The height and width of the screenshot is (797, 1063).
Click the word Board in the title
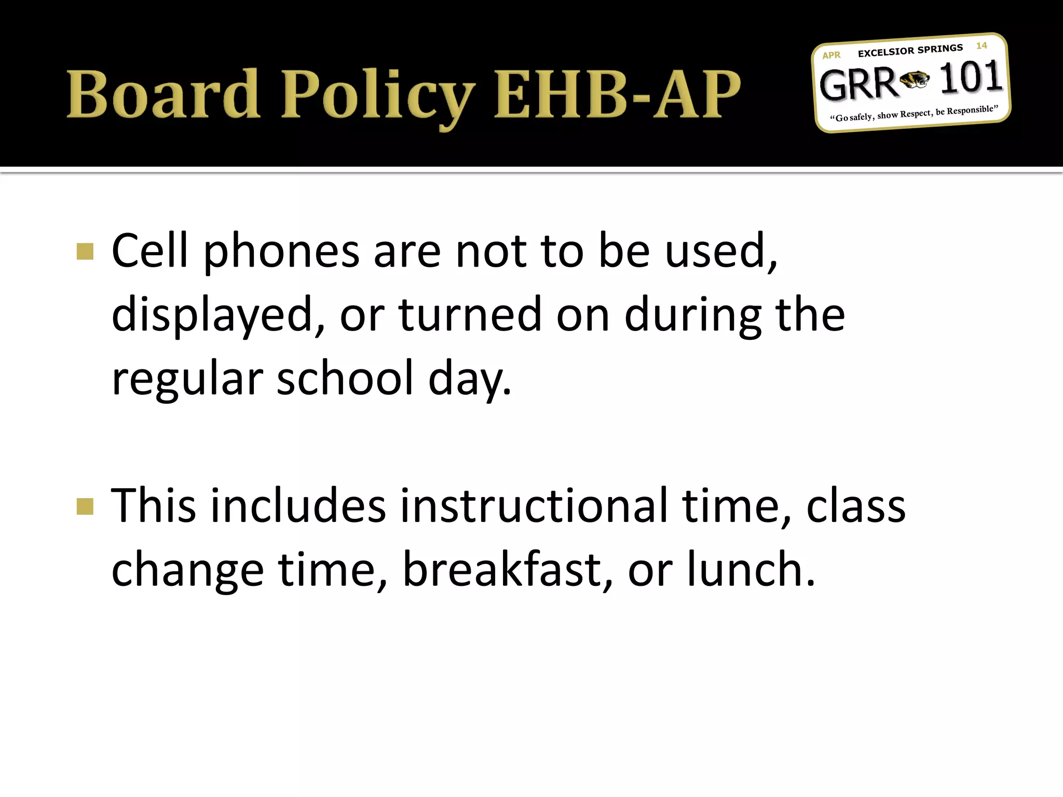tap(163, 94)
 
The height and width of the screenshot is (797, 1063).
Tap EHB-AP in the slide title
tap(617, 94)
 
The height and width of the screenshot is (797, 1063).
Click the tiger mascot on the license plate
tap(915, 80)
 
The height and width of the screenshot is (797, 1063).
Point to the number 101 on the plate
tap(970, 78)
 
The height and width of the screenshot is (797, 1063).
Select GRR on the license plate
tap(858, 85)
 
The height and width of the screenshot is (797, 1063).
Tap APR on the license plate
tap(831, 55)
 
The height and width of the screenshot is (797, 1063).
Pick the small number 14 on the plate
tap(981, 46)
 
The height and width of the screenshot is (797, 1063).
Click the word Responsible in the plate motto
tap(971, 110)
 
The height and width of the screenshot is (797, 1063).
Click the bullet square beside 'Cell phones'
tap(85, 252)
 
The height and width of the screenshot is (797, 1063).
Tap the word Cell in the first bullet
tap(149, 251)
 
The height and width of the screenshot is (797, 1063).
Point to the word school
tap(345, 378)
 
